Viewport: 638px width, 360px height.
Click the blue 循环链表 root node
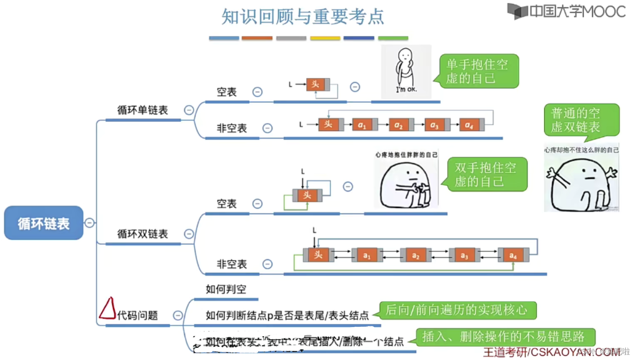pos(44,223)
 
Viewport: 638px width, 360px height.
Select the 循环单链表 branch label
pos(143,110)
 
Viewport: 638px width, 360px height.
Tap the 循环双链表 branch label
pos(143,234)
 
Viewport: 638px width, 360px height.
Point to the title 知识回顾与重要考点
pos(303,16)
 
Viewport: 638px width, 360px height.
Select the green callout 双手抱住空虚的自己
pos(485,174)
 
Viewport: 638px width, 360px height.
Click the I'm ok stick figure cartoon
pos(406,71)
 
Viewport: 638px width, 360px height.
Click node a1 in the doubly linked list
pos(367,256)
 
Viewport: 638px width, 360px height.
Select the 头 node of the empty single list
pos(315,84)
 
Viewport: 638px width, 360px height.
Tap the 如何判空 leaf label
pos(226,290)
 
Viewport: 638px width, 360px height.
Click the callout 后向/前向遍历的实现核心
pos(457,310)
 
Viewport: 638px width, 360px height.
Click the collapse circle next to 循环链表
pos(90,223)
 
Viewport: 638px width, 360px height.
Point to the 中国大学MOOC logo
pos(566,12)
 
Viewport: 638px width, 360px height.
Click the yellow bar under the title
pos(325,38)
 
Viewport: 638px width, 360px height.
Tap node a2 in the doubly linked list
pos(416,256)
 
